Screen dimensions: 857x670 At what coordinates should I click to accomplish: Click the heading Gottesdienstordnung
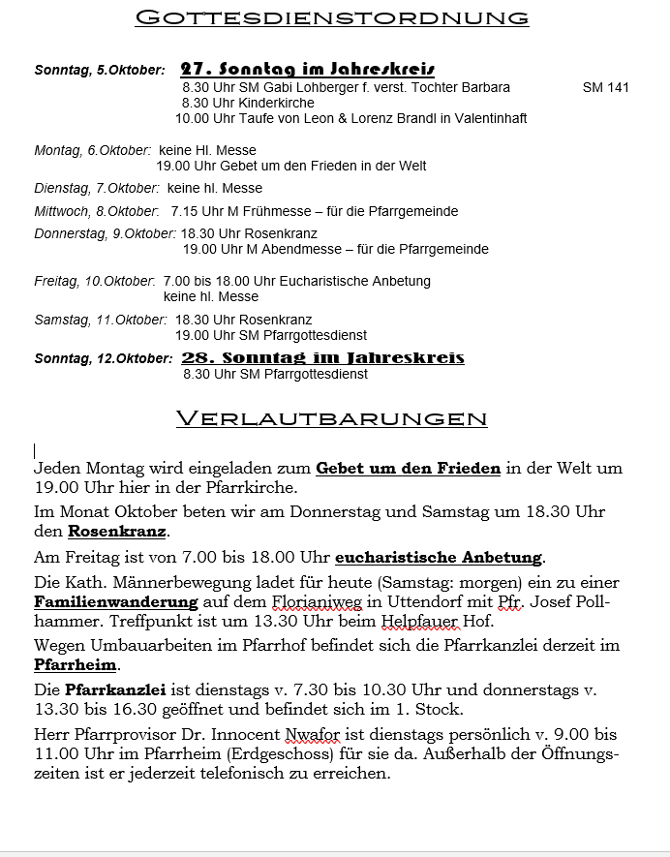pos(332,17)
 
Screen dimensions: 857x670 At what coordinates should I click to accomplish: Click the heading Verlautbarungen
pos(331,418)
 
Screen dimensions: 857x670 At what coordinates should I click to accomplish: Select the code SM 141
pos(605,87)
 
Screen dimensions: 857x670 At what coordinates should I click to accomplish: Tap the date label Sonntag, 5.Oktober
pos(99,70)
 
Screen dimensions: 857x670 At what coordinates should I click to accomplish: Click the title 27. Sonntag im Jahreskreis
pos(307,69)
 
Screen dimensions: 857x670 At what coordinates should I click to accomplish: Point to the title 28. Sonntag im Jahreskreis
pos(322,357)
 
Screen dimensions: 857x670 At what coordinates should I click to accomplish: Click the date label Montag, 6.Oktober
pos(92,150)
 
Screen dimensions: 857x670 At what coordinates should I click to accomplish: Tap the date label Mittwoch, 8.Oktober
pos(96,211)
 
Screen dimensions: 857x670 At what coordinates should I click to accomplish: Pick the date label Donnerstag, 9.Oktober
pos(105,233)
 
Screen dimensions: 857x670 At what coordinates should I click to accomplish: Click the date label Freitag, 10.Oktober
pos(94,281)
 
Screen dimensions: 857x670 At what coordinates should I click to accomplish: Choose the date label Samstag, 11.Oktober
pos(100,320)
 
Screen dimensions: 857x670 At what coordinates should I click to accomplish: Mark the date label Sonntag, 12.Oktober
pos(103,358)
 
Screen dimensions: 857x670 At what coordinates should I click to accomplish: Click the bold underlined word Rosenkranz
pos(117,532)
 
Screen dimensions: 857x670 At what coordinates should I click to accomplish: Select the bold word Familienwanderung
pos(107,602)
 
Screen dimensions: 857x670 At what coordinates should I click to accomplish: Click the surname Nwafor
pos(316,736)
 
